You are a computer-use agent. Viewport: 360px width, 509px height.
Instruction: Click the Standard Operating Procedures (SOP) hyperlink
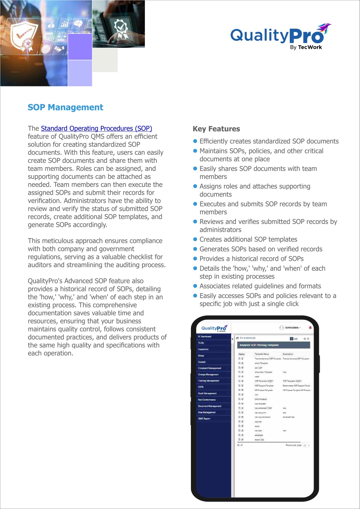tap(96, 128)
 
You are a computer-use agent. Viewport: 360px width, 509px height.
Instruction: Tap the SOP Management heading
tap(65, 107)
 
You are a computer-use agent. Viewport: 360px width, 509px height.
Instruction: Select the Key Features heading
tap(216, 129)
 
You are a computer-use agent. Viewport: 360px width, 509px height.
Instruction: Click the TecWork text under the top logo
tap(310, 47)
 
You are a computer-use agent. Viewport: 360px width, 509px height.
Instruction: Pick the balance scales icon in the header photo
tap(62, 36)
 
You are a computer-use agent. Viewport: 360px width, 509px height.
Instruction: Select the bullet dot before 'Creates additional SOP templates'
tap(195, 239)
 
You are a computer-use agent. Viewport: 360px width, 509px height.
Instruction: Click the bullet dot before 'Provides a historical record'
tap(195, 259)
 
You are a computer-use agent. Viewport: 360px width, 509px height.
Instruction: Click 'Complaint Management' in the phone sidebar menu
tap(210, 368)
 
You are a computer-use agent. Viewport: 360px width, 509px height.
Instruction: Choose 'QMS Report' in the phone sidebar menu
tap(204, 419)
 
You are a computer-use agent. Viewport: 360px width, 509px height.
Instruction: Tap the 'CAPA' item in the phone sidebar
tap(201, 387)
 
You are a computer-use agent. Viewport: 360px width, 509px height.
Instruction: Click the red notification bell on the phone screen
tap(310, 328)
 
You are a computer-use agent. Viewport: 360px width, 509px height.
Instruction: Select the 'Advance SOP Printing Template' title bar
tap(274, 345)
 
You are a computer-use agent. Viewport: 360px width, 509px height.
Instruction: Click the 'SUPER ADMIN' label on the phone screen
tap(291, 328)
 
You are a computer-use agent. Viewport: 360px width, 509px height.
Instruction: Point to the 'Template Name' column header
tap(262, 354)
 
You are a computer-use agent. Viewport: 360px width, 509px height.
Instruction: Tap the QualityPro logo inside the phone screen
tap(214, 328)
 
